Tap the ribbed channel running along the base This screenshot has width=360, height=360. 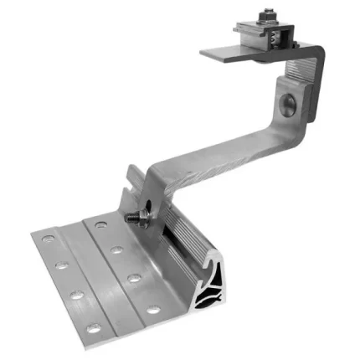pyautogui.click(x=187, y=243)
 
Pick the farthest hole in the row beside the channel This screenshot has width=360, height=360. pyautogui.click(x=100, y=224)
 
